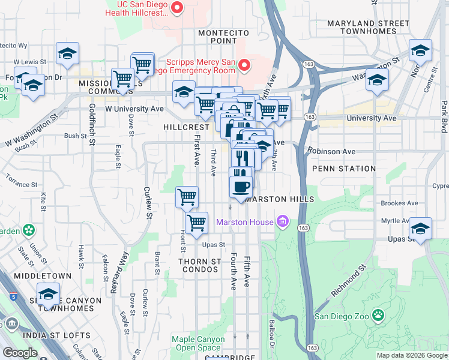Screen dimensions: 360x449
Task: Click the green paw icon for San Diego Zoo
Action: tap(378, 315)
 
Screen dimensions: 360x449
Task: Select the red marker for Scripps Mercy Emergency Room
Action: tap(244, 65)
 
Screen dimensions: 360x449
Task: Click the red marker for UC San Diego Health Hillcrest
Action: tap(177, 8)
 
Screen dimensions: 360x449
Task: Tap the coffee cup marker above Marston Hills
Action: tap(241, 186)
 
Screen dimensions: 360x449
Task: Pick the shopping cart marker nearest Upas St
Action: tap(196, 223)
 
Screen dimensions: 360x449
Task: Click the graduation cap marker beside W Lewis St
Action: tap(68, 53)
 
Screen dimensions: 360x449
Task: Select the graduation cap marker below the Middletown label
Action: tap(48, 294)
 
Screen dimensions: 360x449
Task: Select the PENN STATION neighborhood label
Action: tap(344, 169)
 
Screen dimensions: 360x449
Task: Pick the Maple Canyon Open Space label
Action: tap(198, 343)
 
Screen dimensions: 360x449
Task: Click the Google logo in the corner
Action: tap(19, 352)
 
